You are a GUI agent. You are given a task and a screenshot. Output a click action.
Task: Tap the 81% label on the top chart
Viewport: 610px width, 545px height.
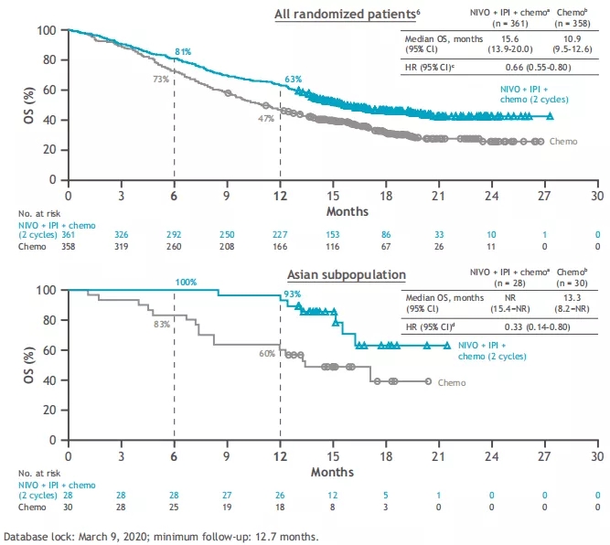pos(183,52)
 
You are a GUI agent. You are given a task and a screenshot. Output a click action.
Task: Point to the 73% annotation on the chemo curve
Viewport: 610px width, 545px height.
pos(160,80)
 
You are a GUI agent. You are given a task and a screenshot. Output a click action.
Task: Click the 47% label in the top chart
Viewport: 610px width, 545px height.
pos(267,118)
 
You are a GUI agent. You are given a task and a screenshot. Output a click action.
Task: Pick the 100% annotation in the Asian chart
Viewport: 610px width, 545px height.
pos(186,282)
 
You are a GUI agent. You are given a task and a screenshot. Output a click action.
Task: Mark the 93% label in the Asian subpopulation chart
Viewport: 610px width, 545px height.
pos(292,294)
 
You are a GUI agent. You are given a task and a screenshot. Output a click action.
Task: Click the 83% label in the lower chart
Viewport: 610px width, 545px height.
pos(161,325)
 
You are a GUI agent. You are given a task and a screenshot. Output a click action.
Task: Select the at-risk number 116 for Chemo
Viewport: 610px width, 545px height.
pos(332,246)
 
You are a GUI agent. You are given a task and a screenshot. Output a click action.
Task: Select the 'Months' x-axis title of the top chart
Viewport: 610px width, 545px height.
pos(332,211)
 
